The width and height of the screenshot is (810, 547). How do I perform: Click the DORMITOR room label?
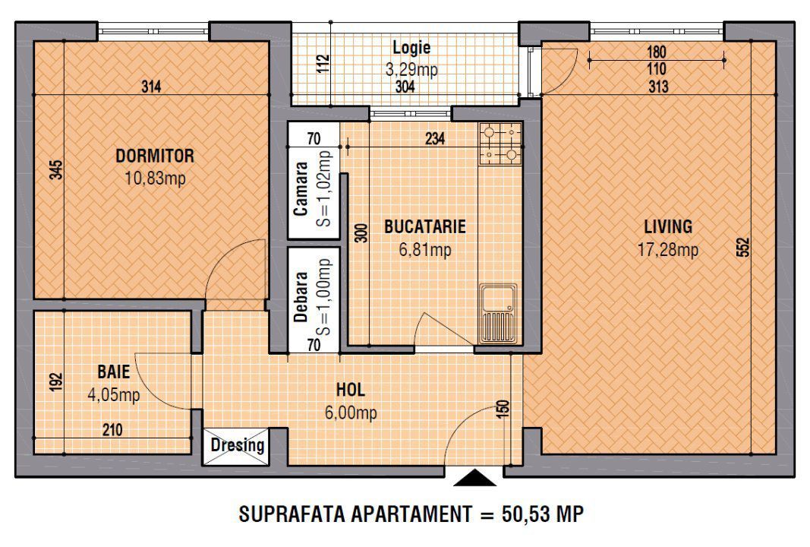[154, 157]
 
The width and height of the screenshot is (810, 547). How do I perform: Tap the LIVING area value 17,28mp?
[668, 249]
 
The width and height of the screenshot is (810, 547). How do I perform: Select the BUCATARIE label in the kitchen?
[424, 226]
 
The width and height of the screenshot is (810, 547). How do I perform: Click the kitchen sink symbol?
[498, 311]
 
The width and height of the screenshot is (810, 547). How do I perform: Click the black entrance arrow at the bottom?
[474, 478]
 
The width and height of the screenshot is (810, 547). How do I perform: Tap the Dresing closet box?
[237, 445]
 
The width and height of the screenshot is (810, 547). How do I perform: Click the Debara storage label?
[301, 298]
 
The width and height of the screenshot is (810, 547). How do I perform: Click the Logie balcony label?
[411, 48]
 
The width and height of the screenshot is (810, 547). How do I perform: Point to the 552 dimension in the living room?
[743, 248]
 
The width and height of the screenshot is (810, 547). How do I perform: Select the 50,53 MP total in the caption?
[542, 514]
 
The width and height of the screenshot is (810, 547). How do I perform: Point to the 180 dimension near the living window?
[657, 53]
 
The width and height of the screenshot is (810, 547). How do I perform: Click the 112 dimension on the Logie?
[324, 64]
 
